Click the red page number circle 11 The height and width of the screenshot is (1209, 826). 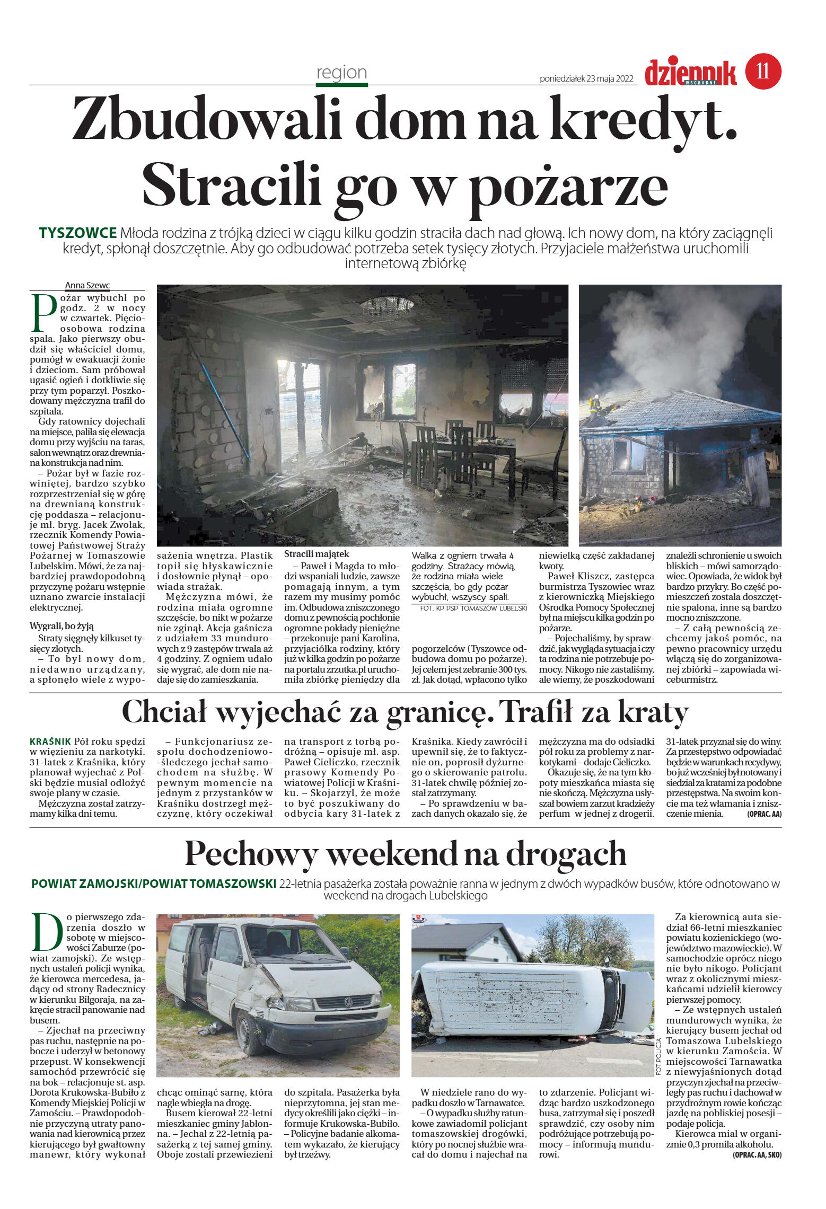[x=763, y=71]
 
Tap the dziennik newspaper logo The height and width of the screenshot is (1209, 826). [x=690, y=73]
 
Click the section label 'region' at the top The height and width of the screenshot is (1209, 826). [x=341, y=72]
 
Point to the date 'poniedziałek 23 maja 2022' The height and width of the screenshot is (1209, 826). [x=586, y=79]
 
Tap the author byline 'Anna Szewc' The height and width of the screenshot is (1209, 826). [x=87, y=285]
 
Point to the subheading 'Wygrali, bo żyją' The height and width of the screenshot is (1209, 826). [x=62, y=626]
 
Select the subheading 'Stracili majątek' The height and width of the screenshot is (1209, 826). [x=317, y=554]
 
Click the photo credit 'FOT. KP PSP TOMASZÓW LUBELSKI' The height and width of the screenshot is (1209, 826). [x=473, y=608]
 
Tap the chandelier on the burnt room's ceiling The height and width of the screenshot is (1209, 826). [x=386, y=305]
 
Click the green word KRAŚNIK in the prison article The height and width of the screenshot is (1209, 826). [x=50, y=742]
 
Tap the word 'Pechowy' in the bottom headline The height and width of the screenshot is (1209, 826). [x=251, y=854]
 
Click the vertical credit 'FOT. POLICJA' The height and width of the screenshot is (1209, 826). [x=659, y=1056]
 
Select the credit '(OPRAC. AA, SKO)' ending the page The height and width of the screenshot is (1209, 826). [x=757, y=1154]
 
